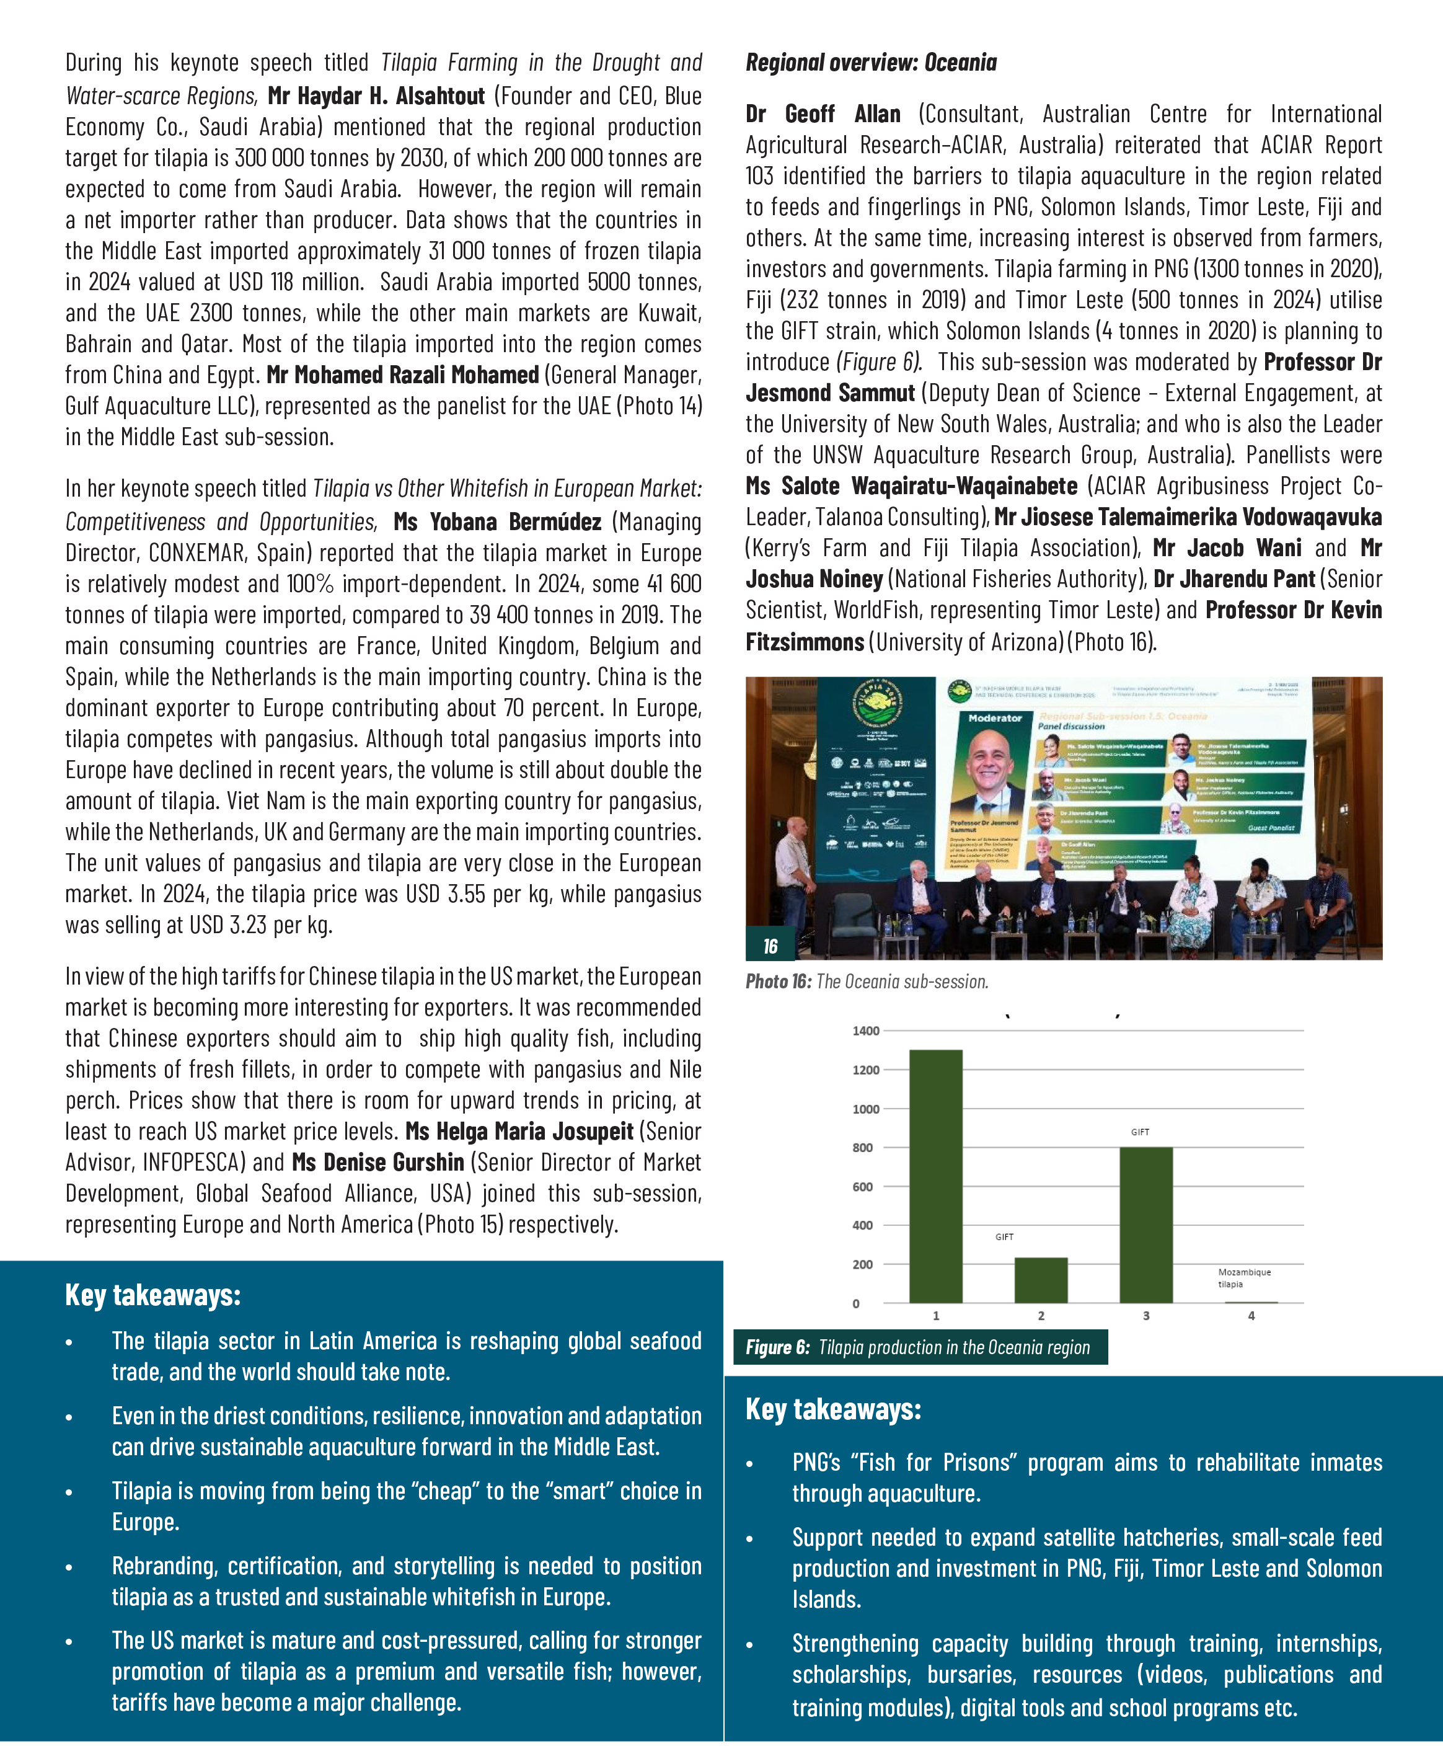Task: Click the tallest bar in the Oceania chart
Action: (x=935, y=1176)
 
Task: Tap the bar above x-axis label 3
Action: (x=1145, y=1225)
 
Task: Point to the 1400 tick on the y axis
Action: (x=865, y=1030)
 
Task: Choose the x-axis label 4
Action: (x=1251, y=1316)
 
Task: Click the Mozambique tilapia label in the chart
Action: (x=1243, y=1278)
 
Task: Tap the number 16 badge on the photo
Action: (x=770, y=946)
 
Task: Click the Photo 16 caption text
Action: (x=866, y=982)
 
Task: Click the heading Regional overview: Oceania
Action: (x=870, y=63)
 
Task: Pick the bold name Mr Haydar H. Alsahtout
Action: (x=376, y=97)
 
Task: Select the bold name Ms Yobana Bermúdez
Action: (x=497, y=522)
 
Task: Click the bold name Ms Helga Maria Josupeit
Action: (x=519, y=1132)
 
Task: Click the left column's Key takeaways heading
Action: (x=153, y=1295)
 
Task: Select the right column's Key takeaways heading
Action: (x=833, y=1409)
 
